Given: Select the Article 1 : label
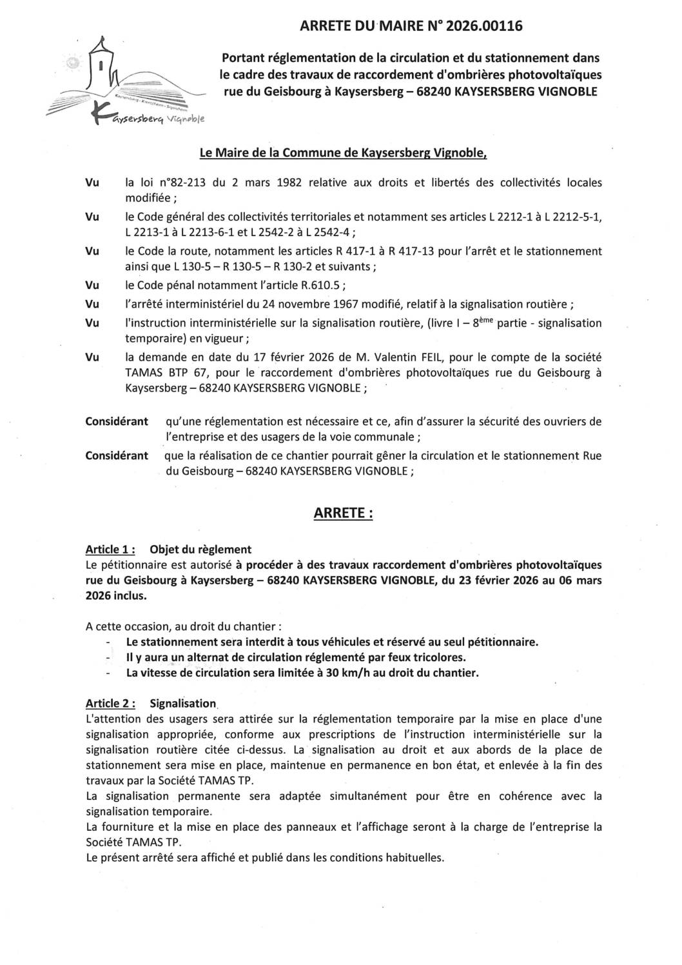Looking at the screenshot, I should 110,550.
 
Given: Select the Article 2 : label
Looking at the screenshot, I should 110,703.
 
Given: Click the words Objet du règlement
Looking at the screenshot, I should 200,550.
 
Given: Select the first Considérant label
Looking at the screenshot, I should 117,421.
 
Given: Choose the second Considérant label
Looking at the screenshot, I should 117,455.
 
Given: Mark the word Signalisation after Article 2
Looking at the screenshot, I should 182,703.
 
